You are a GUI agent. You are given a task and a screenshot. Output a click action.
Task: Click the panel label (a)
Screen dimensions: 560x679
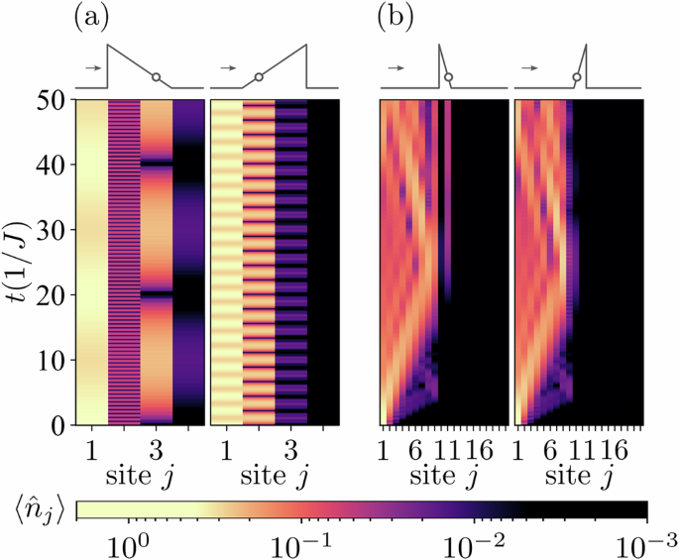95,19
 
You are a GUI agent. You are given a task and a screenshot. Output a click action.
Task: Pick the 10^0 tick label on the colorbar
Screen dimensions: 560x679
130,543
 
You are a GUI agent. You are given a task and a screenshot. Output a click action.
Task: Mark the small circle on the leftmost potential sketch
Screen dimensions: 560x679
156,75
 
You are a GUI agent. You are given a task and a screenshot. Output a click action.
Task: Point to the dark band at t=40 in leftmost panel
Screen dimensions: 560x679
156,165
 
